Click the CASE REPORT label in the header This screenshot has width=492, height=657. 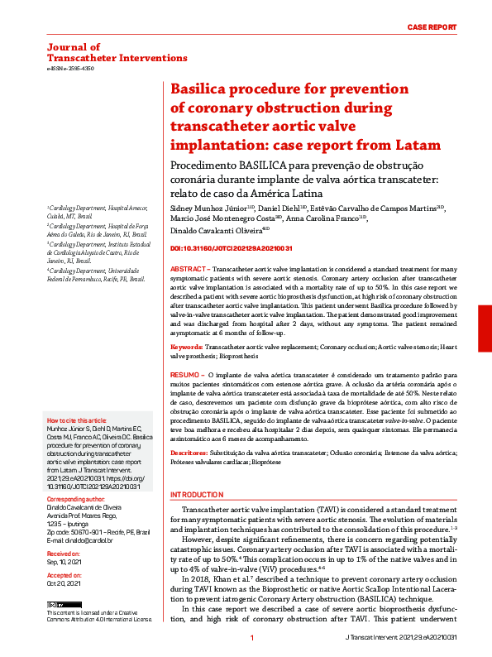(x=432, y=27)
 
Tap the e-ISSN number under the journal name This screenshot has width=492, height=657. (x=70, y=69)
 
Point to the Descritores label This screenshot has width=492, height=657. (x=189, y=454)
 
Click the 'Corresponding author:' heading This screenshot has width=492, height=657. (x=75, y=499)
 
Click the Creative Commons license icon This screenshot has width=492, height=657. (x=55, y=607)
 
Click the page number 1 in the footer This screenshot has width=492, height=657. (x=252, y=639)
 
